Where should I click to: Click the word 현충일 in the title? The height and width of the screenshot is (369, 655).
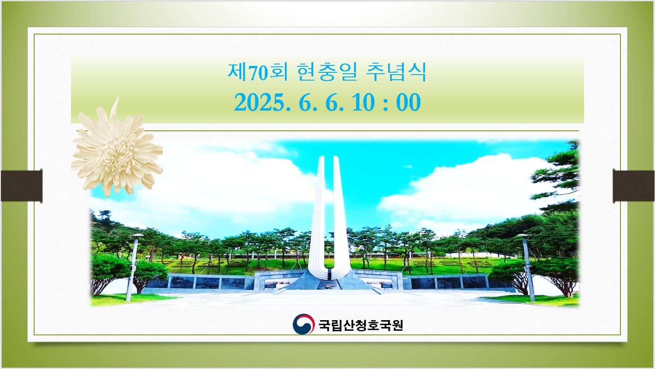pyautogui.click(x=327, y=72)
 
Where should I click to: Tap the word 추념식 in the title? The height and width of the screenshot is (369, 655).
pyautogui.click(x=396, y=72)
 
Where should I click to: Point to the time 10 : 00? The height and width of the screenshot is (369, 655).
pyautogui.click(x=386, y=103)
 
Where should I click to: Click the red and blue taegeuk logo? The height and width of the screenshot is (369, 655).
pyautogui.click(x=303, y=324)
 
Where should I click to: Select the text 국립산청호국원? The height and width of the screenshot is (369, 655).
pyautogui.click(x=360, y=325)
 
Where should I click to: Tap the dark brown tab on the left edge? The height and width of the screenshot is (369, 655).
pyautogui.click(x=22, y=186)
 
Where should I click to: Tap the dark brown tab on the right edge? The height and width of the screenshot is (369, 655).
pyautogui.click(x=634, y=186)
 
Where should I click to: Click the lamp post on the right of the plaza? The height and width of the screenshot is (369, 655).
pyautogui.click(x=527, y=267)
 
